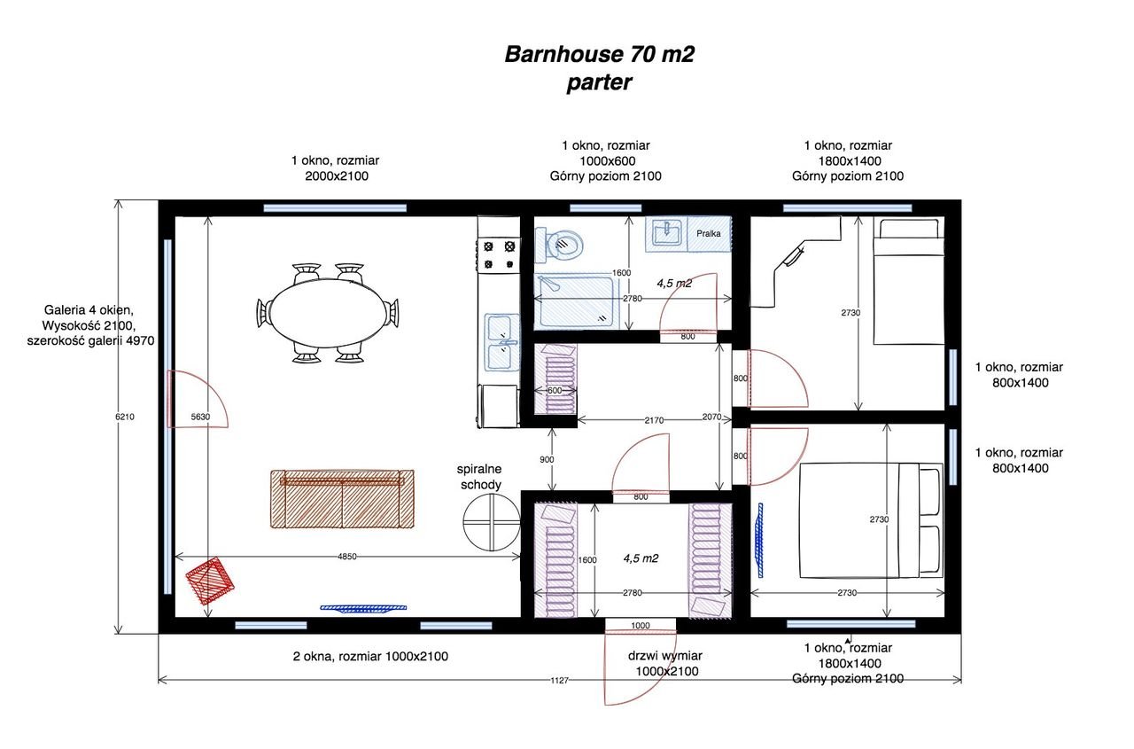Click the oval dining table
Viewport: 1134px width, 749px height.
tap(327, 313)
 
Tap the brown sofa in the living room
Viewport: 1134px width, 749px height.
tap(342, 499)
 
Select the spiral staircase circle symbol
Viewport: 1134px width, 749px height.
tap(492, 522)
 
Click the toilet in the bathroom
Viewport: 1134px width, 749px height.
tap(559, 246)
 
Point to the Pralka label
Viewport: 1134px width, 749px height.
tap(708, 233)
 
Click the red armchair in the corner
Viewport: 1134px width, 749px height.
tap(210, 581)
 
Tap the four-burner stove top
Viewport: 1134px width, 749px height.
tap(499, 255)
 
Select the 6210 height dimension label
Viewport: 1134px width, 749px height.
tap(125, 417)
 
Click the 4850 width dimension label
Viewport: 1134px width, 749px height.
tap(347, 557)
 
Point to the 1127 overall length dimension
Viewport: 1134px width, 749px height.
tap(559, 681)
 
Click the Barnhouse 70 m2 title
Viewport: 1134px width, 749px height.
tap(600, 55)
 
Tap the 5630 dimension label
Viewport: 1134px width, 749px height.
tap(200, 417)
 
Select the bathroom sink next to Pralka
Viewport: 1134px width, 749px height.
tap(665, 233)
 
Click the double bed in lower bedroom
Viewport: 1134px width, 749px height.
tap(871, 520)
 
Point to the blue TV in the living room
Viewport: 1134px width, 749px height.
tap(363, 608)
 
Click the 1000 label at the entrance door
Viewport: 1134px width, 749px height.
tap(641, 626)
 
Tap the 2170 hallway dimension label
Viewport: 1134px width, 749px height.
tap(654, 420)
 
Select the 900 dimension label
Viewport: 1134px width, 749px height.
tap(547, 459)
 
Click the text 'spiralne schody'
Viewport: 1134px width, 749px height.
tap(479, 477)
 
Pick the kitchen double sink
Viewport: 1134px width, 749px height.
tap(501, 342)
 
